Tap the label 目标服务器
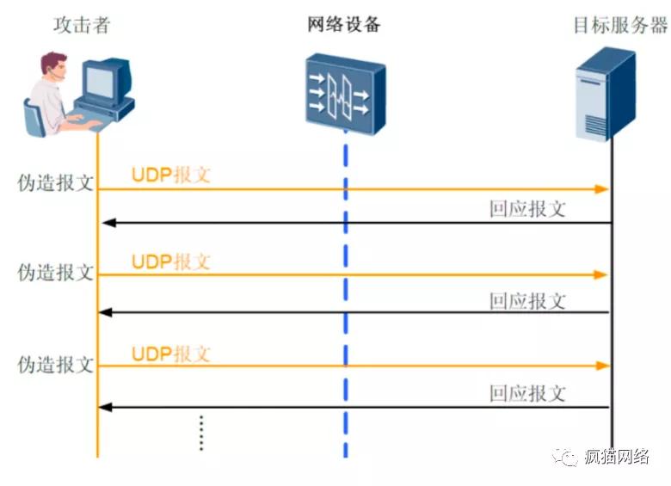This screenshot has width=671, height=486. (619, 25)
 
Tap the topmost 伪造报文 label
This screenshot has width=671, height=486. (56, 183)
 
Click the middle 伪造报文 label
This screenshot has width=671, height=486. (56, 272)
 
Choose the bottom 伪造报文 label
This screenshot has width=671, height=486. (56, 364)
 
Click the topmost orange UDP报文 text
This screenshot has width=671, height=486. (171, 175)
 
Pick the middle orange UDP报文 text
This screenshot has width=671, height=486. (171, 261)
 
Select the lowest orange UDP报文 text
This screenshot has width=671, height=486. (171, 354)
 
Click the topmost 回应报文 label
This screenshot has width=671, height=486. (527, 209)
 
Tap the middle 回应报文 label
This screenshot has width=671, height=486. (527, 301)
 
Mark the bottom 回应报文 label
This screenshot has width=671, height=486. (527, 393)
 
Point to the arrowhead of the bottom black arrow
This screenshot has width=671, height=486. (108, 407)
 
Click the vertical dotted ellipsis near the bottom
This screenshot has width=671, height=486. (200, 433)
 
